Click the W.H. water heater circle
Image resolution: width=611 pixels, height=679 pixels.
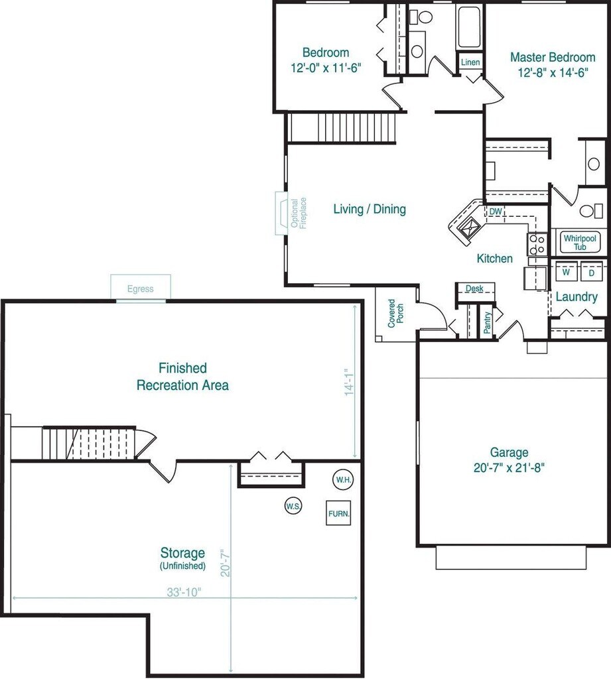pos(343,479)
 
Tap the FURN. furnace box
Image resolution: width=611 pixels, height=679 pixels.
pos(338,513)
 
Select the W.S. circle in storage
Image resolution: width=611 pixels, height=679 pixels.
pos(293,506)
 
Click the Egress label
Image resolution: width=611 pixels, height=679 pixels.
pos(141,289)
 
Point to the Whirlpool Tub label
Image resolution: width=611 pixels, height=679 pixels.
pos(580,243)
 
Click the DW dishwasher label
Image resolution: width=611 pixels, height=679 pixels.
pos(496,212)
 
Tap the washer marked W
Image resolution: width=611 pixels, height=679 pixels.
pos(566,272)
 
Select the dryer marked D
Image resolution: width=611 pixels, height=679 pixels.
pos(592,272)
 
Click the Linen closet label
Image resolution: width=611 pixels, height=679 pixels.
pos(470,62)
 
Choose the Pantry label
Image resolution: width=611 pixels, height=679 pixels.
pos(487,323)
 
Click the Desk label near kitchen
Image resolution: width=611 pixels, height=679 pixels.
pos(474,288)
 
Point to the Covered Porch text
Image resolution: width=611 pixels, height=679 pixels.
pos(395,313)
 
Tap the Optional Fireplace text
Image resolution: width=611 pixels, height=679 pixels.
pos(299,213)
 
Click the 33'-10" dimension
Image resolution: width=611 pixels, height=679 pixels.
pos(184,592)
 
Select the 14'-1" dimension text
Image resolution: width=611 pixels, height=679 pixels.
pos(349,382)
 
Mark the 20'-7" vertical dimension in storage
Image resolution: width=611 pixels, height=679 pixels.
pos(225,563)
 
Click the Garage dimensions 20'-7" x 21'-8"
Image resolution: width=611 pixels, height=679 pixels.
pos(509,467)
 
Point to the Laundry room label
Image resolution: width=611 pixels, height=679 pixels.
pos(577,297)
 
